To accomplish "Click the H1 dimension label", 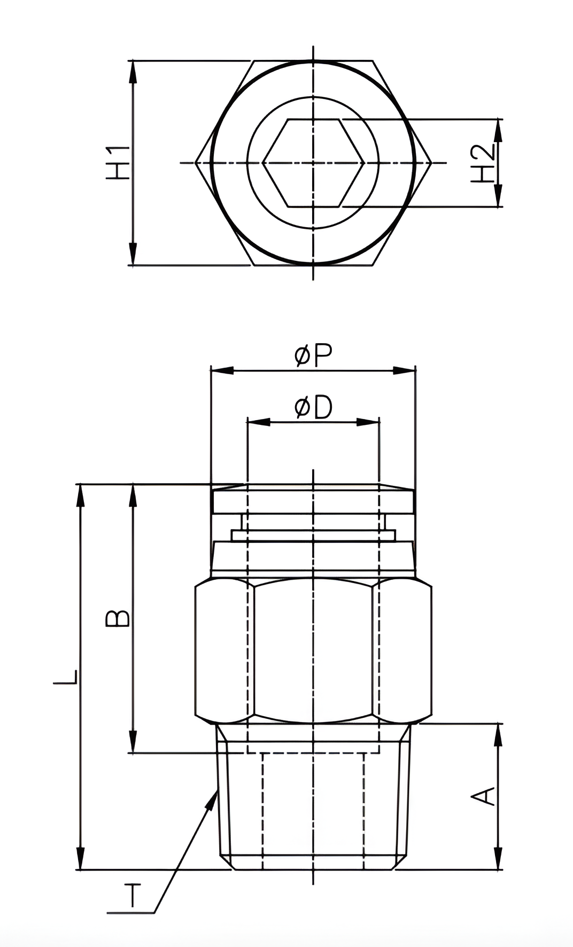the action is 118,162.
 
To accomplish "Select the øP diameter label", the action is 314,355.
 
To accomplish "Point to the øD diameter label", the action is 313,408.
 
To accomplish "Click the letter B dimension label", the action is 118,618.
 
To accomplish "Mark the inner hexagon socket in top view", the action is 313,162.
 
